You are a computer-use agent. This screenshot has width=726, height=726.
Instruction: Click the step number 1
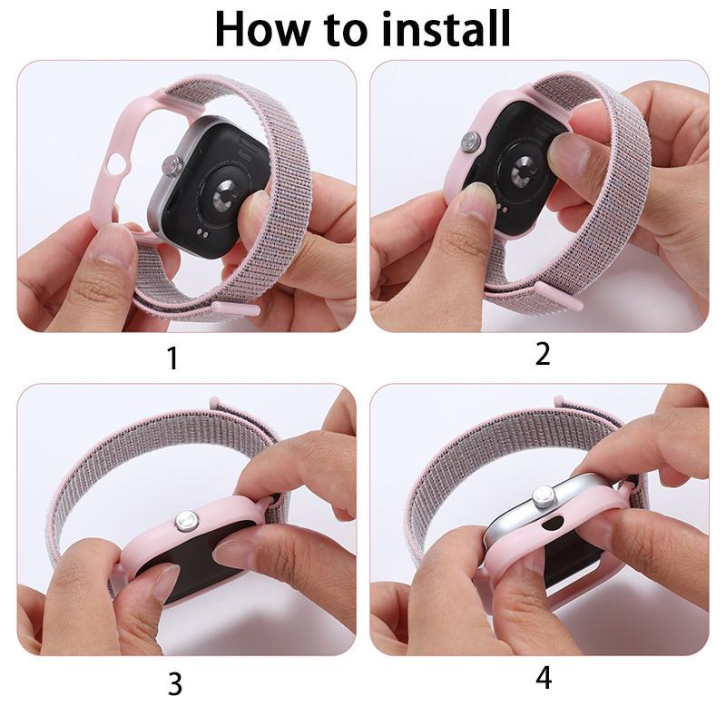point(172,358)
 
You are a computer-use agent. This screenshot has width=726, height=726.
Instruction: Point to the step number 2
point(543,354)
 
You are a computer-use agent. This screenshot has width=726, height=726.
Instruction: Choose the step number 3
point(175,683)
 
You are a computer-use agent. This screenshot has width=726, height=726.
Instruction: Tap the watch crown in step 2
point(471,141)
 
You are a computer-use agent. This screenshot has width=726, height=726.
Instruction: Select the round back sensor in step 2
point(524,171)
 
